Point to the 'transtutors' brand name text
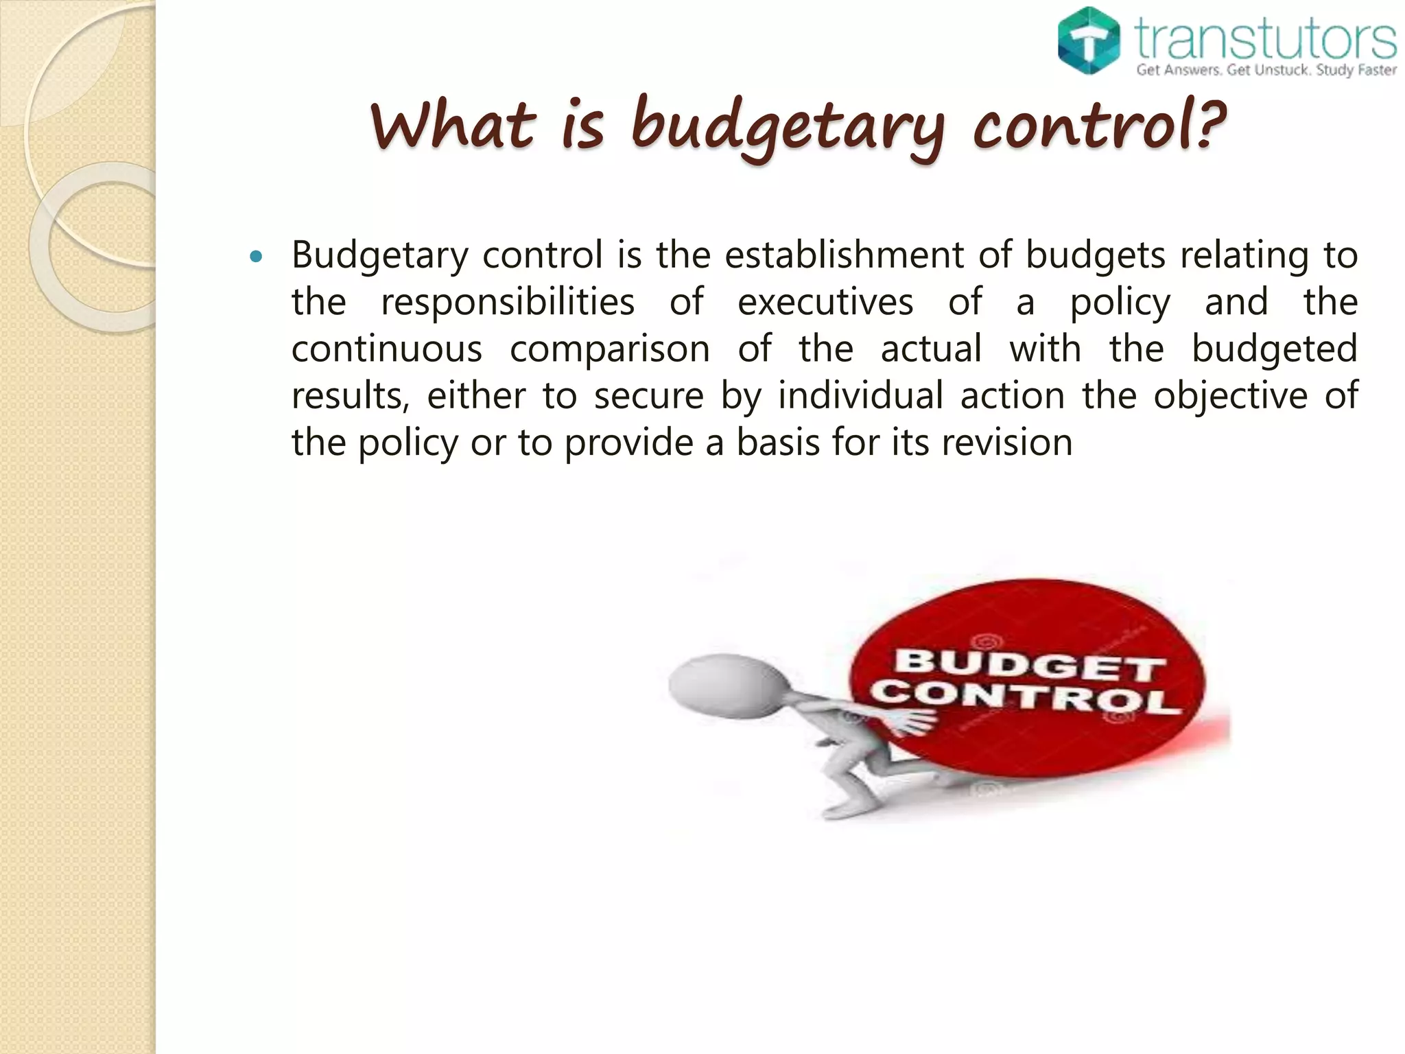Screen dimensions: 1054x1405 coord(1266,40)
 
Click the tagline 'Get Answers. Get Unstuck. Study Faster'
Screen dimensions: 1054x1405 coord(1266,70)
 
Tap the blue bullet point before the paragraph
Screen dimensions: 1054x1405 coord(257,257)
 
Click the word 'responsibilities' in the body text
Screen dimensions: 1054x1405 coord(508,302)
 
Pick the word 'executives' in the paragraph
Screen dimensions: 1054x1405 coord(825,302)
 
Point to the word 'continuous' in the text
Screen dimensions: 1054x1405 coord(387,349)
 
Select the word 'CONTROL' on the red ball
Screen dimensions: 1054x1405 coord(1025,699)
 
